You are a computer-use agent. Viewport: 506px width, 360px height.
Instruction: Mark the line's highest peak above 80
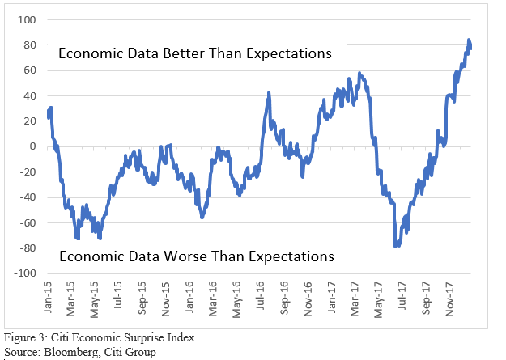click(x=469, y=40)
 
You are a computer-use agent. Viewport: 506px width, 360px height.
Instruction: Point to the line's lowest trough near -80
click(x=395, y=246)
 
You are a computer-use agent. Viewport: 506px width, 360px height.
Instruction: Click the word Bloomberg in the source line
click(x=67, y=353)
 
